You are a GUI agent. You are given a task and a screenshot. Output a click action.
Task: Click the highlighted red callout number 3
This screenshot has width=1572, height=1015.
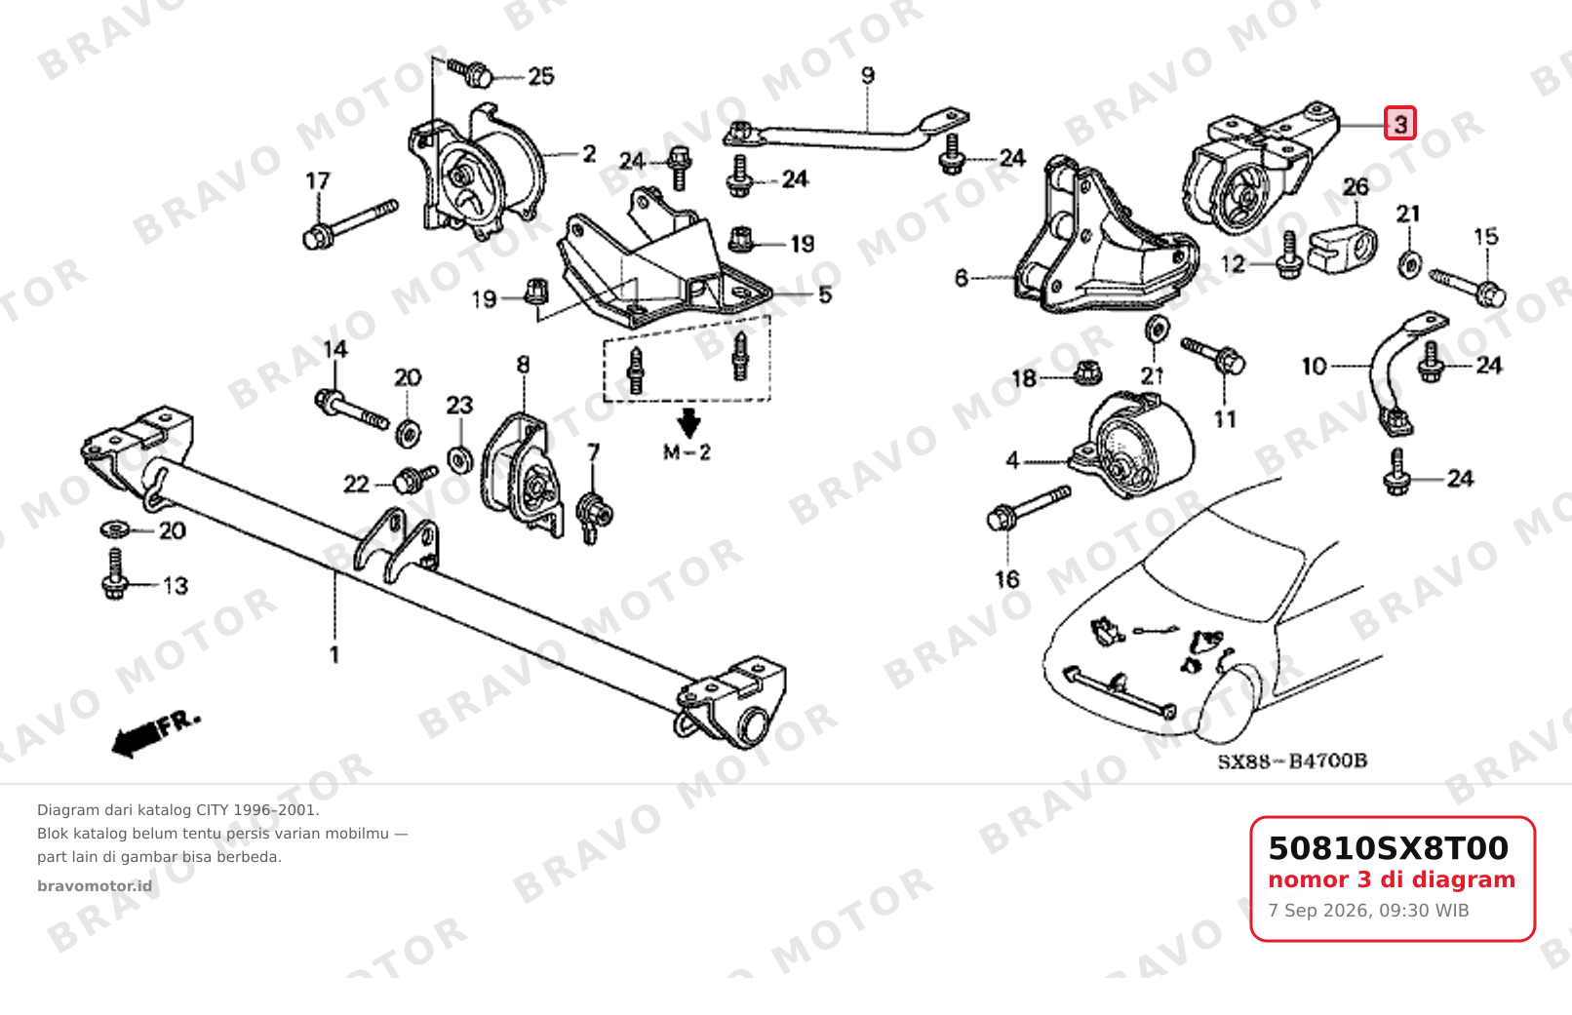(x=1399, y=124)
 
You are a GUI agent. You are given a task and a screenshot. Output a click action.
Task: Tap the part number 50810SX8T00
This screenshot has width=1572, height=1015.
(x=1388, y=848)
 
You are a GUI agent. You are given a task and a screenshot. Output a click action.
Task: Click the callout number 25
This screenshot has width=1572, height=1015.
(x=541, y=76)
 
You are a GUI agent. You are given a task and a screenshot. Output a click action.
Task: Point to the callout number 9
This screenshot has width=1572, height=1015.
(x=868, y=74)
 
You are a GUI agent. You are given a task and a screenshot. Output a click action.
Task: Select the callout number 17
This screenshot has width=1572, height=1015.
(x=318, y=181)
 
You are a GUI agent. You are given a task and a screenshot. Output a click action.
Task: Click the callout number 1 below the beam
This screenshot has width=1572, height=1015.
(x=334, y=654)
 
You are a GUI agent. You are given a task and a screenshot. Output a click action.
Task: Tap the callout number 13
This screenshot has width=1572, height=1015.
(x=176, y=585)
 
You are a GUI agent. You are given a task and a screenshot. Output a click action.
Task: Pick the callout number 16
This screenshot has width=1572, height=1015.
(x=1007, y=579)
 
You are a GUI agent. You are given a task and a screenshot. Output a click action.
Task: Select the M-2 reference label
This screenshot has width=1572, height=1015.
(x=688, y=452)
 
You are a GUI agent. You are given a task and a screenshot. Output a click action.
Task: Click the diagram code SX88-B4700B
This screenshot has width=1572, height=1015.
(x=1292, y=761)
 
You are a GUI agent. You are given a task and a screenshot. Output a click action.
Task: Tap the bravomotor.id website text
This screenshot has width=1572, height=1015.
(x=95, y=886)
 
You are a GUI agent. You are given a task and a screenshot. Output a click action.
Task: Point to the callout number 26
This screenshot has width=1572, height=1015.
(x=1356, y=186)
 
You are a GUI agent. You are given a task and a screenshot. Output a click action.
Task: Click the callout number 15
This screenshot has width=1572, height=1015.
(x=1485, y=236)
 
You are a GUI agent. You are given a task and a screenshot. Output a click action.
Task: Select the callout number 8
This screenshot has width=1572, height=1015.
(x=523, y=364)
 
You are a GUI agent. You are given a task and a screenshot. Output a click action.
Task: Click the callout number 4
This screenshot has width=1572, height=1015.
(x=1012, y=460)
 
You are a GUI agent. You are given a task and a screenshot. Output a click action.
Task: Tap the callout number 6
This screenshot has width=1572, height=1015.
(x=962, y=278)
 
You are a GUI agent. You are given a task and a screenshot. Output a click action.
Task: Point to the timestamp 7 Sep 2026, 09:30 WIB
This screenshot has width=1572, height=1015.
(x=1368, y=911)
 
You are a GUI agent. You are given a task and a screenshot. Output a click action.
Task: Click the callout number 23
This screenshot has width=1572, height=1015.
(x=459, y=405)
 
